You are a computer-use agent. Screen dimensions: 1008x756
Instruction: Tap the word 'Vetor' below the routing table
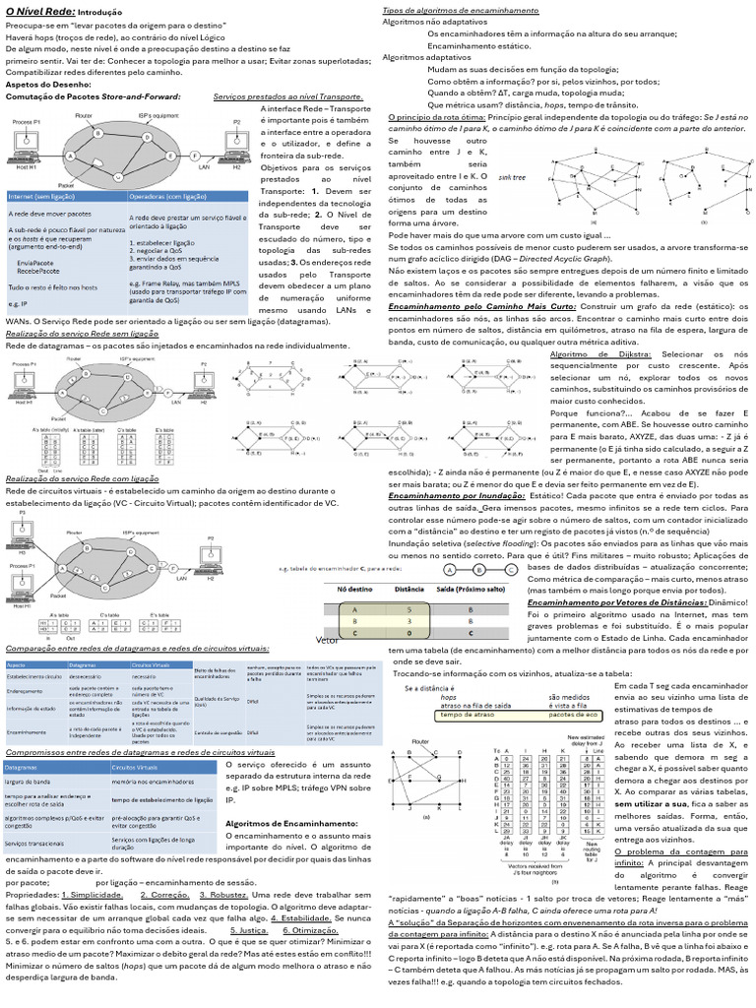point(327,640)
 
